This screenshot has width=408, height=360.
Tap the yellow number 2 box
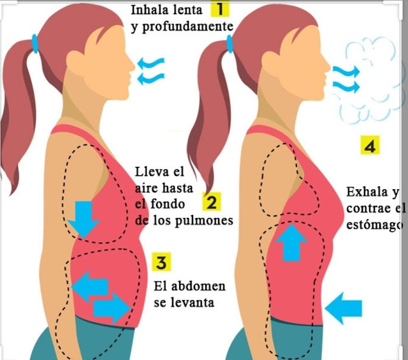click(x=212, y=203)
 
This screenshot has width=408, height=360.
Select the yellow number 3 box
click(x=161, y=261)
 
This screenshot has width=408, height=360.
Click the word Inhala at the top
click(x=152, y=10)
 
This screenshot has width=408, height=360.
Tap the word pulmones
click(x=205, y=220)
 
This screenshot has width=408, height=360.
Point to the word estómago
click(x=375, y=225)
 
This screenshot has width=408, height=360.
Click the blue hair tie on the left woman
click(x=36, y=43)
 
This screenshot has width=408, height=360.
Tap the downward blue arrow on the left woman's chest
click(x=84, y=218)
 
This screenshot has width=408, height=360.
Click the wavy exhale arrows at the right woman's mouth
click(x=346, y=78)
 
